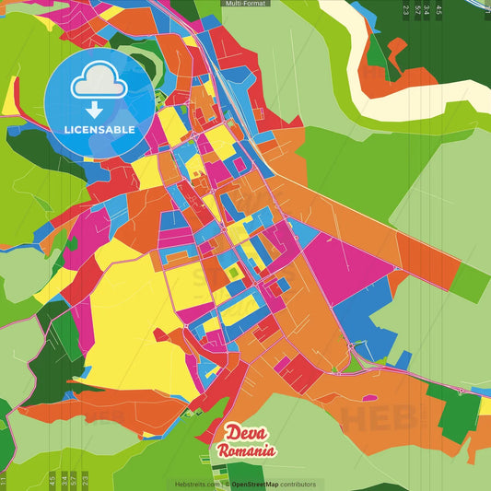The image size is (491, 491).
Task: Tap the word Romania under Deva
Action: [x=246, y=451]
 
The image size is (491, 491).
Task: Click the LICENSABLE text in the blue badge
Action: [x=99, y=130]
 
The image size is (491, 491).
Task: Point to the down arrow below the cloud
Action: [x=95, y=110]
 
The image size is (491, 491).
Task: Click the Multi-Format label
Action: [x=246, y=4]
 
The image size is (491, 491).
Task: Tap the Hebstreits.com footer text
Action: [x=195, y=484]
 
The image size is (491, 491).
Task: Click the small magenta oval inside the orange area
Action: [x=369, y=398]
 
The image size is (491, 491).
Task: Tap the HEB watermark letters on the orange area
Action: [x=378, y=416]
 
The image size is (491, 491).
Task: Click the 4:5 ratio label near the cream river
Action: [x=438, y=11]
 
